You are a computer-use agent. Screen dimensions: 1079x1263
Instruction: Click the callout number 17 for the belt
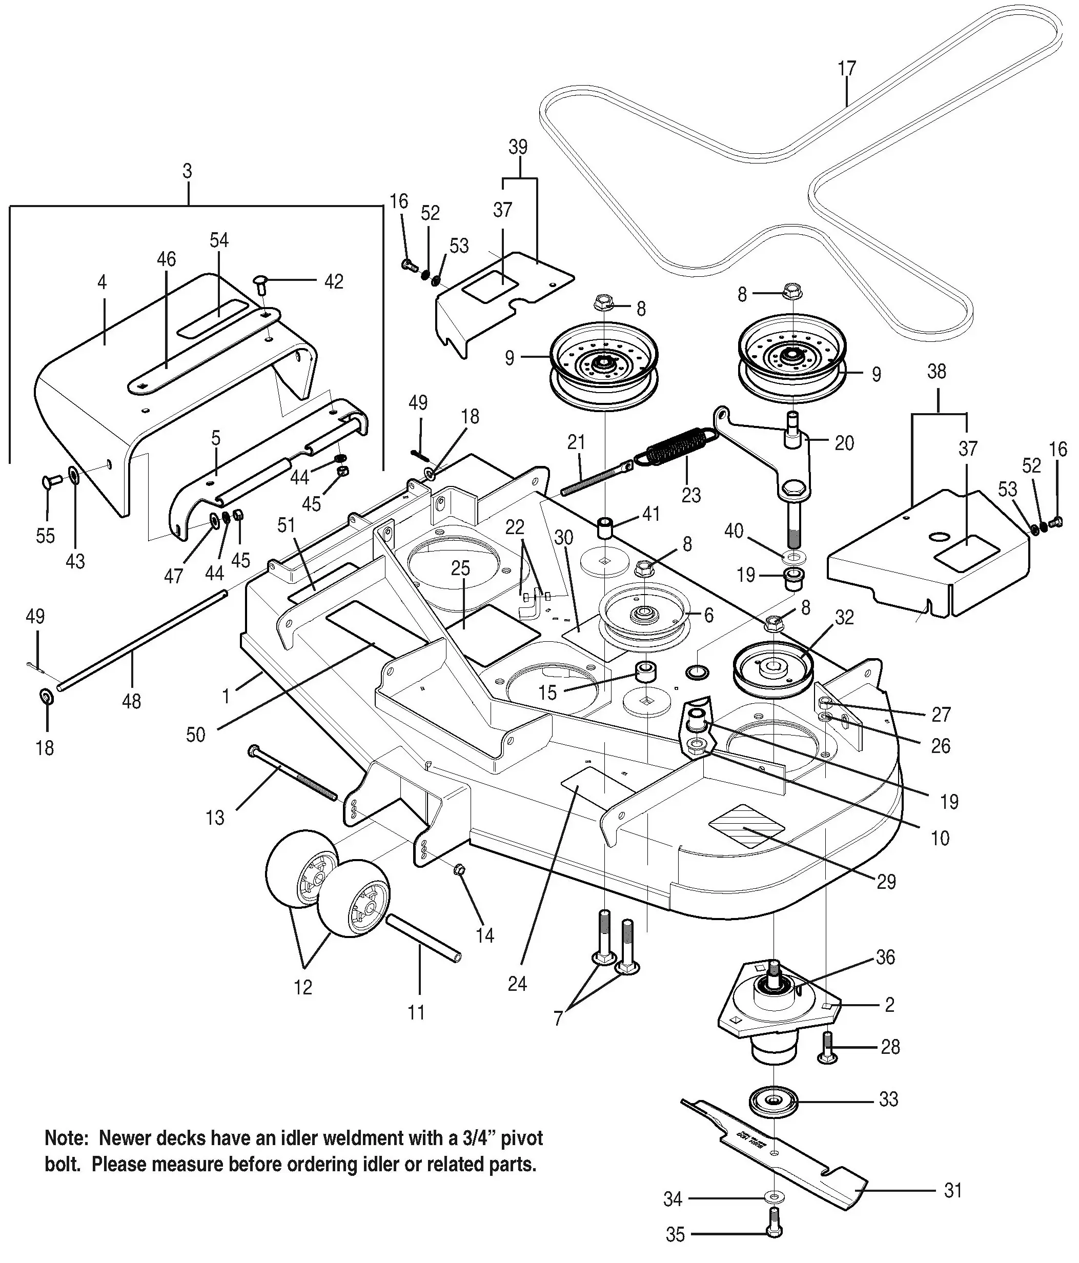(847, 68)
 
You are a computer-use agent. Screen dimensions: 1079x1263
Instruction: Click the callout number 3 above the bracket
(187, 171)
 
